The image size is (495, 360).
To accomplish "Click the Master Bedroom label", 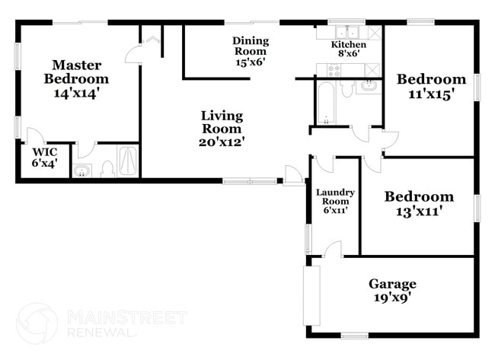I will [x=76, y=72].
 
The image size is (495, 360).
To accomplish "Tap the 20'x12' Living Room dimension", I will [x=222, y=141].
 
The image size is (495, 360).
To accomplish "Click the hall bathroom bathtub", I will [x=327, y=102].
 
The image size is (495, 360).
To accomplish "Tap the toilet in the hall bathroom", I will [x=347, y=89].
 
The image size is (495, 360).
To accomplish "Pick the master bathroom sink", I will [x=81, y=170].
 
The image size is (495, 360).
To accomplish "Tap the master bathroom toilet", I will [x=107, y=169].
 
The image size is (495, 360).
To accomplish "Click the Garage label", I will [x=392, y=284].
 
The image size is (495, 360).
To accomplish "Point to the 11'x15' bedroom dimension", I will [x=431, y=94].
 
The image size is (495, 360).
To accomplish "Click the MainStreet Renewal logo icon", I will [x=37, y=323].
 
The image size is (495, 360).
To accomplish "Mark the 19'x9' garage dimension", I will [x=392, y=299].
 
